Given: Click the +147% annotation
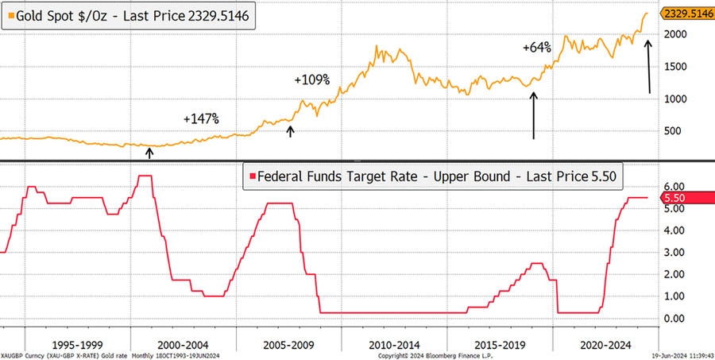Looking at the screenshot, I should (x=200, y=118).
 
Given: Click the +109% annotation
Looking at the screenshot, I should (x=311, y=79).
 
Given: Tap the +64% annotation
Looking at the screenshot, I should (x=537, y=48).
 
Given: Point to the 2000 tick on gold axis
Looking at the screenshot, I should (x=675, y=34).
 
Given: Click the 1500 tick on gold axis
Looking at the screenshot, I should (x=675, y=66).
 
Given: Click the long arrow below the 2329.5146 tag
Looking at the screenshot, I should (x=649, y=68).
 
